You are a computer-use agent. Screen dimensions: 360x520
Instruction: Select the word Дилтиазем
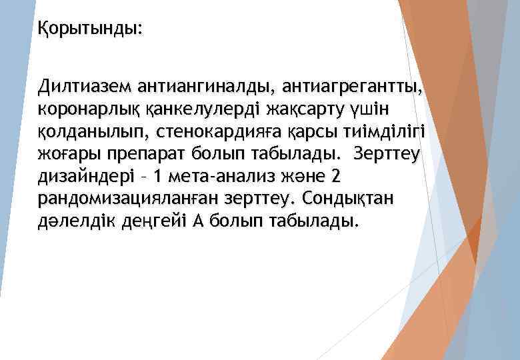[83, 86]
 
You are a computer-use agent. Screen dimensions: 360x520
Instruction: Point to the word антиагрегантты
[351, 86]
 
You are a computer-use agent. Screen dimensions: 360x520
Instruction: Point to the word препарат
[142, 154]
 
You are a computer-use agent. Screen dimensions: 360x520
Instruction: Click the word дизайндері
[84, 177]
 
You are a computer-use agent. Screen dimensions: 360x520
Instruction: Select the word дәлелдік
[72, 222]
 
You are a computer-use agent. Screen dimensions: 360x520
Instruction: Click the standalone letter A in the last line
[197, 222]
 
